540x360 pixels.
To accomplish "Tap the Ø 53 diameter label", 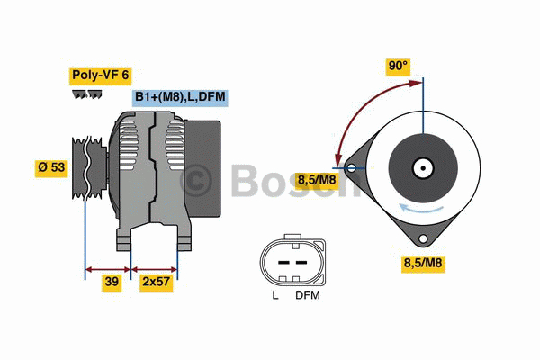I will [51, 168].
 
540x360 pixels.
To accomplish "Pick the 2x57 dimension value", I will [155, 283].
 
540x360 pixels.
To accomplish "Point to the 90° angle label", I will [397, 66].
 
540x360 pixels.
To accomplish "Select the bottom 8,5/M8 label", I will [423, 263].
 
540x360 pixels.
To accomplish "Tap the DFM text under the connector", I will [307, 294].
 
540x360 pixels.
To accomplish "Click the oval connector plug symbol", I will [290, 260].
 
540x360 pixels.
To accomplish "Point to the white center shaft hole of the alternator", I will [421, 167].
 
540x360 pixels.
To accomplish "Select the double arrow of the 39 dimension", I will [107, 267].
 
